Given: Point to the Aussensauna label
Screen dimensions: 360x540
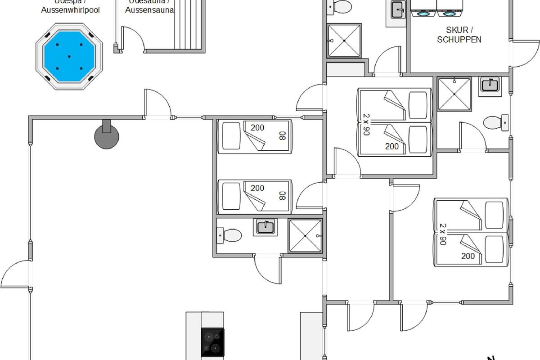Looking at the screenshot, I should (x=149, y=10).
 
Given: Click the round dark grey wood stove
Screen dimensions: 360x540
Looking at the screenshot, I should (x=107, y=136).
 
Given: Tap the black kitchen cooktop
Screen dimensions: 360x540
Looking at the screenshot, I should (x=212, y=342).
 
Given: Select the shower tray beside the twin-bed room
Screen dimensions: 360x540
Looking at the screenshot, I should (x=305, y=236).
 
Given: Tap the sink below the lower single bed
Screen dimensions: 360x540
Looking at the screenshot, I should (x=266, y=226).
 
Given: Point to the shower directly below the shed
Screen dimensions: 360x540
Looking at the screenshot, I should (x=454, y=94).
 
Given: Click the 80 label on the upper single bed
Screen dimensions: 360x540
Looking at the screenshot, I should (x=283, y=135).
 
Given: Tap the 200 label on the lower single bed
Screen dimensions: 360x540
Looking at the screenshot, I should (x=257, y=188).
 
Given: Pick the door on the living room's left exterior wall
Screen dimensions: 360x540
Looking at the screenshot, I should (x=17, y=274).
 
